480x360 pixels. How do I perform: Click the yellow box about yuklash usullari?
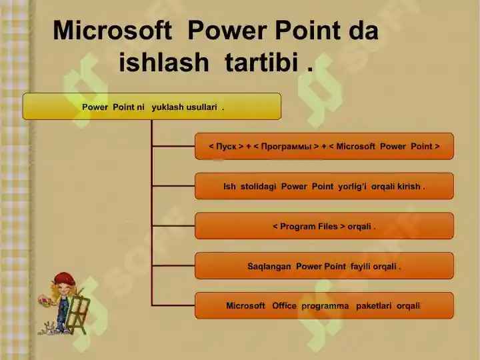pyautogui.click(x=152, y=107)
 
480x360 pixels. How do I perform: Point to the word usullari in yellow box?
pyautogui.click(x=204, y=107)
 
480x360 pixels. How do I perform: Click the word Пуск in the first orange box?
pyautogui.click(x=227, y=147)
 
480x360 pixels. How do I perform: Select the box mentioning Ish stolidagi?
pyautogui.click(x=324, y=187)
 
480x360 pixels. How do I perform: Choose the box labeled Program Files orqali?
pyautogui.click(x=324, y=227)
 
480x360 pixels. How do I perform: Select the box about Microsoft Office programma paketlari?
pyautogui.click(x=324, y=306)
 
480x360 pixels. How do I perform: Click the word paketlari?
pyautogui.click(x=374, y=306)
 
